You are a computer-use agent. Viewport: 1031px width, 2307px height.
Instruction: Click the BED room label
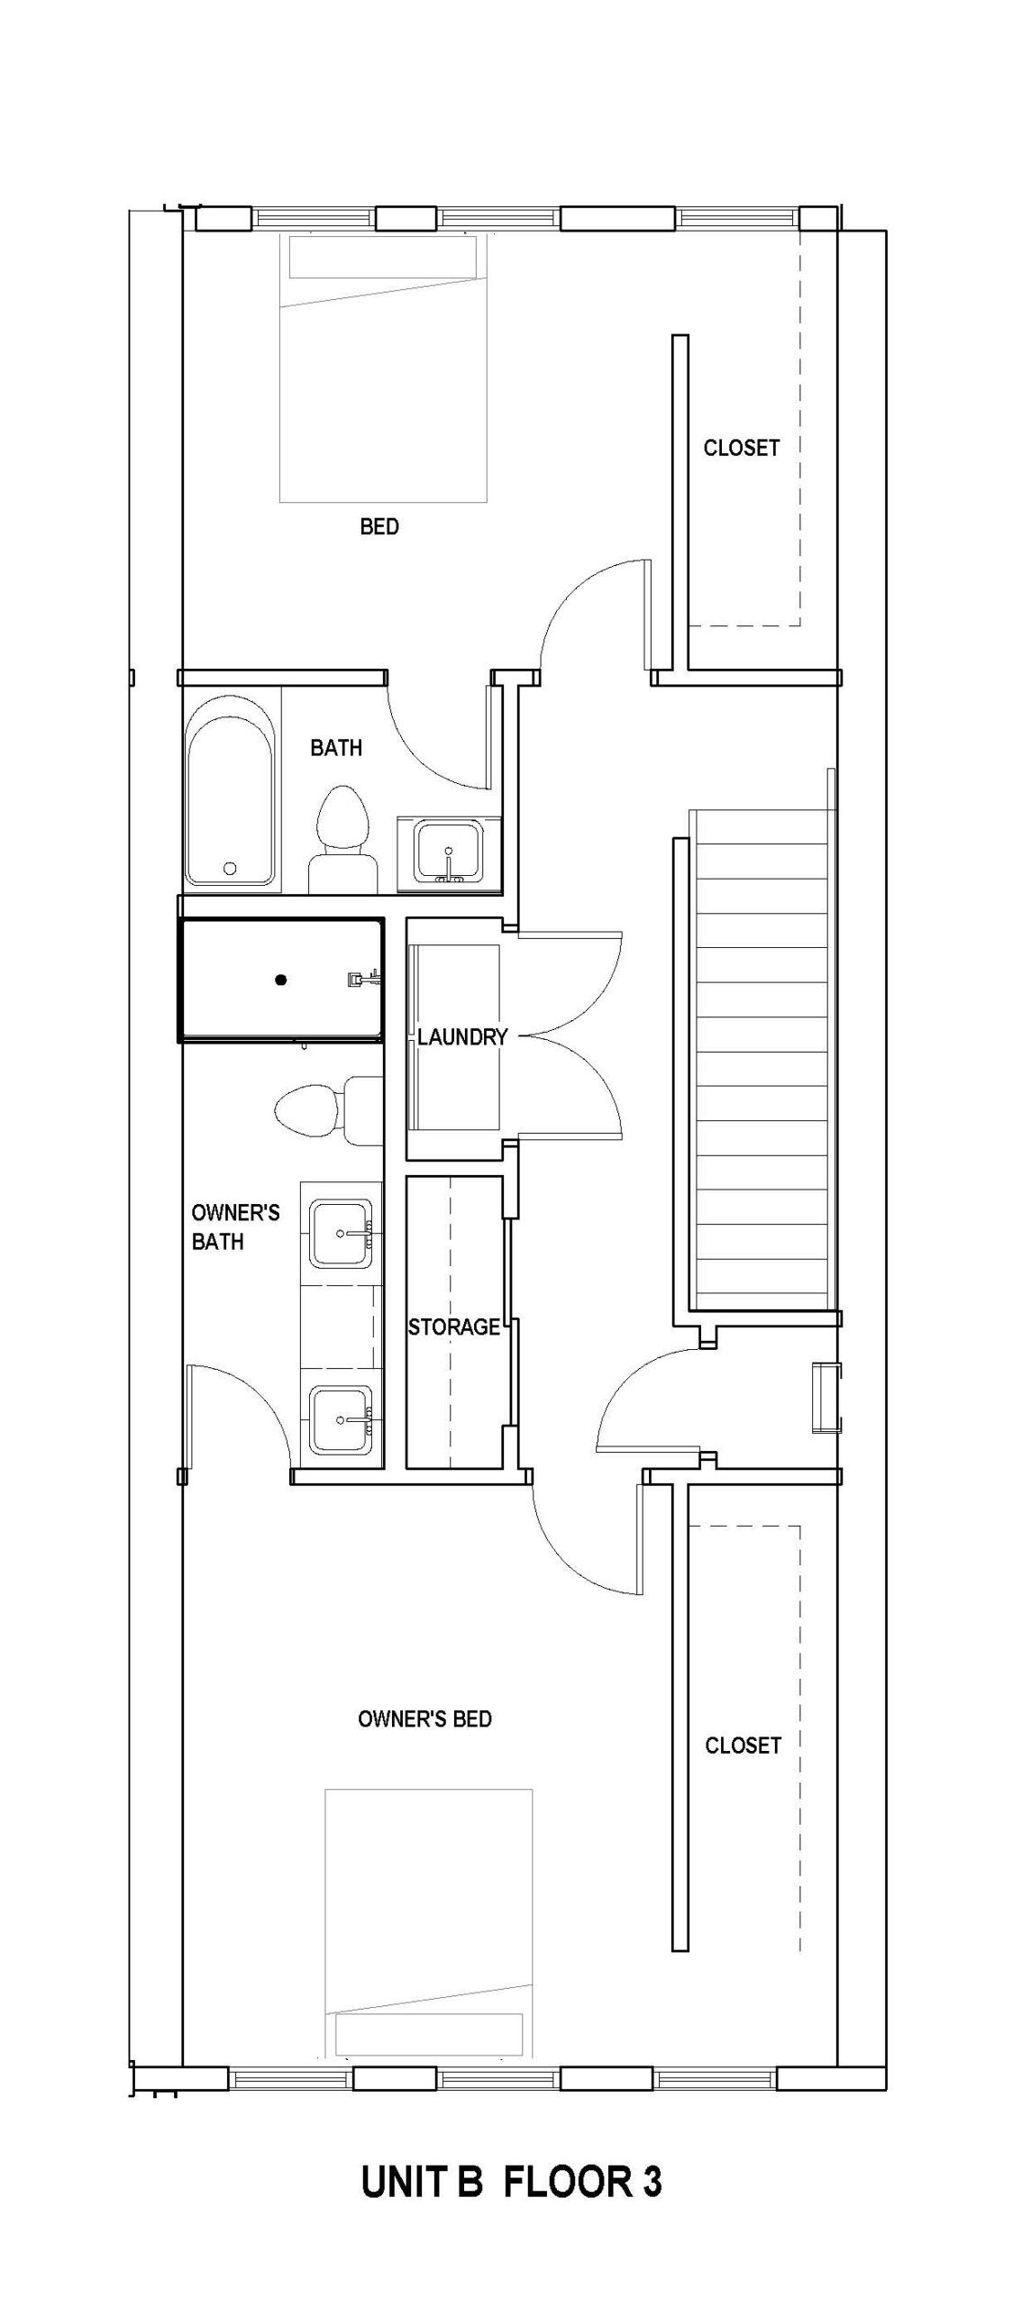379,526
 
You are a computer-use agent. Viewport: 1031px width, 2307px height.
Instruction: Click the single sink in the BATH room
448,851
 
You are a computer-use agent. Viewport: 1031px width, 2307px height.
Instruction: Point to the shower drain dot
281,980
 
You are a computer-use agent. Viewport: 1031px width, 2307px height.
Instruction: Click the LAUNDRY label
462,1037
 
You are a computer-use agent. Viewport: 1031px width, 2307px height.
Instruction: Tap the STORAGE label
453,1327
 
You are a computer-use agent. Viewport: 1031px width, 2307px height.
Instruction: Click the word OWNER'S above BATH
235,1213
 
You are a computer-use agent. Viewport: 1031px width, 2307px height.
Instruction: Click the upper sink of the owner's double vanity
341,1233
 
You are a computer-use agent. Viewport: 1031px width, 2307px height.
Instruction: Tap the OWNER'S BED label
424,1719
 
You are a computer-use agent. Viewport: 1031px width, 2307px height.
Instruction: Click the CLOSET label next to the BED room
741,448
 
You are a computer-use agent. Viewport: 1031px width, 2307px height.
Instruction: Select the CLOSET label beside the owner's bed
743,1746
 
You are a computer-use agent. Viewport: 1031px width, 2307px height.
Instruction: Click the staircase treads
762,1063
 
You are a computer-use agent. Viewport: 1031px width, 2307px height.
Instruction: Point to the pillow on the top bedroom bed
383,257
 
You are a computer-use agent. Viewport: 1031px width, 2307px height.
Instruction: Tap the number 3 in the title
652,2183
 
